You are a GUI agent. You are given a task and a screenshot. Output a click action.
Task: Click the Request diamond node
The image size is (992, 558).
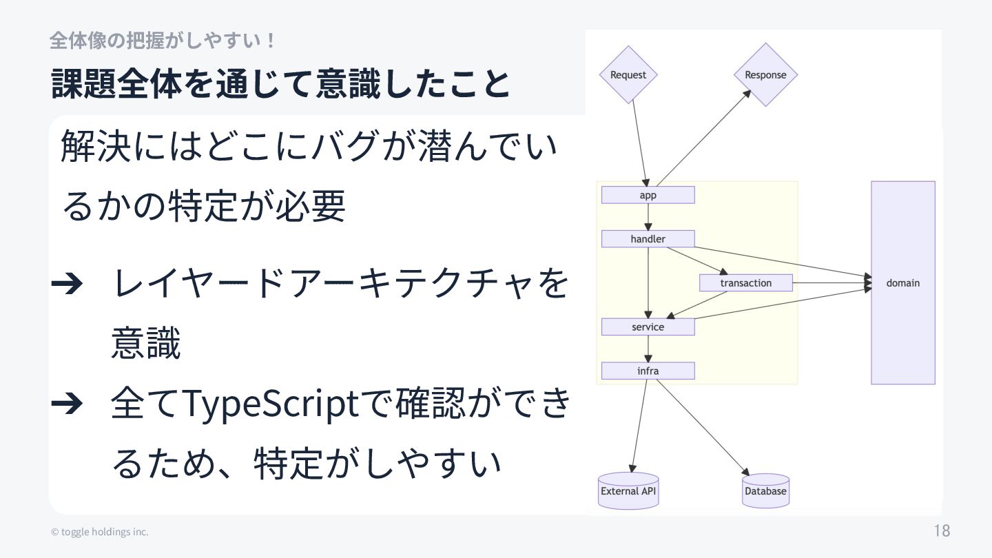(x=628, y=74)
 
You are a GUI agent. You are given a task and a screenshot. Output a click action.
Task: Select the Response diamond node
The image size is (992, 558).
(x=765, y=74)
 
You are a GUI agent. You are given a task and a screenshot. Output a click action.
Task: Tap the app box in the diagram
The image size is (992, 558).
(x=648, y=195)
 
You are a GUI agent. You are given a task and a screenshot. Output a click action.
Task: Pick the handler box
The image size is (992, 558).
(x=648, y=239)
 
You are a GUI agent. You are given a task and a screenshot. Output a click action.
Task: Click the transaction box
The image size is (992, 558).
(x=745, y=282)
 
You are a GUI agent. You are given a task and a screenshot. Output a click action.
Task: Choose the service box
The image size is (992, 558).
(x=648, y=327)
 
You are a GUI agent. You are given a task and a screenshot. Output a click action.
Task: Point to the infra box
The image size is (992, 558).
(x=648, y=371)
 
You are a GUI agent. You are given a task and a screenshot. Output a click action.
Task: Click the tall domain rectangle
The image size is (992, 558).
(x=902, y=282)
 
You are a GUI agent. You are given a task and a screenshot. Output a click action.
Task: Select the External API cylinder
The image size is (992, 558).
(x=628, y=490)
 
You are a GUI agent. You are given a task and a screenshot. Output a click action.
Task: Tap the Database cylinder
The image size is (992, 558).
(x=765, y=490)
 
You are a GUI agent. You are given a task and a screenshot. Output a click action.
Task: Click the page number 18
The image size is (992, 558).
(x=942, y=530)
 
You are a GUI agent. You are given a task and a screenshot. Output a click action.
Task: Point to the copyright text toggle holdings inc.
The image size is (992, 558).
(x=100, y=532)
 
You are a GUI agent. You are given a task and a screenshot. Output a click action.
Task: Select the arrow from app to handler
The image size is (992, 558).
(x=648, y=217)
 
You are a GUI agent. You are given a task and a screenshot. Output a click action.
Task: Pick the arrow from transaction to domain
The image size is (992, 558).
(x=830, y=282)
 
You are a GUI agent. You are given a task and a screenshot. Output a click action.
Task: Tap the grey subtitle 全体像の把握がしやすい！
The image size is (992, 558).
(x=163, y=41)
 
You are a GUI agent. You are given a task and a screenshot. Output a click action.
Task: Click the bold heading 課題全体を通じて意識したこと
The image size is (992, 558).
(x=280, y=85)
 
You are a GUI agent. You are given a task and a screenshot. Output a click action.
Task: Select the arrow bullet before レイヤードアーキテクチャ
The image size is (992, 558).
(x=68, y=283)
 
